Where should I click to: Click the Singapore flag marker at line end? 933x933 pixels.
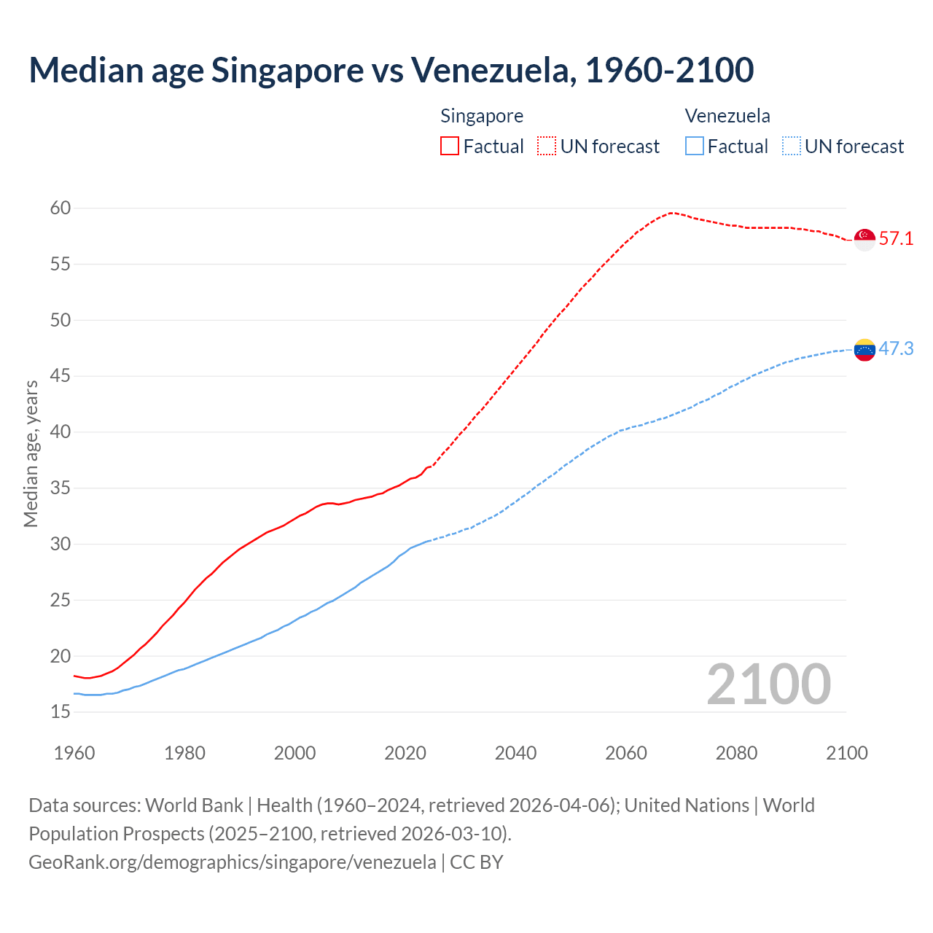(x=864, y=239)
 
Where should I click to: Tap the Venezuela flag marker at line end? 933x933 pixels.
(x=864, y=350)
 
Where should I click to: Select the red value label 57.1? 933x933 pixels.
(x=896, y=239)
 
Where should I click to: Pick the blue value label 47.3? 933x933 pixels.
(x=896, y=349)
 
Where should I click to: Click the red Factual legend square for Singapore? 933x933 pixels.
(x=450, y=146)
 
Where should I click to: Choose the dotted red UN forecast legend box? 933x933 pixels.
(x=547, y=146)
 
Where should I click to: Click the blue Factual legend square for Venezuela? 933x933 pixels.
(x=695, y=146)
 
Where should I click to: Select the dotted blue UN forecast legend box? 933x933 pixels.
(x=792, y=146)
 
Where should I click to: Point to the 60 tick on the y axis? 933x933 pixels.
(x=60, y=208)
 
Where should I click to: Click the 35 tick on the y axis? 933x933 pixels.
(x=60, y=488)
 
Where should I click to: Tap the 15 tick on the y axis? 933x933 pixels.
(x=60, y=711)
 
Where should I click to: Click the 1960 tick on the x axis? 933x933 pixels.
(x=74, y=753)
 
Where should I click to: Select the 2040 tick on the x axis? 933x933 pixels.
(x=515, y=753)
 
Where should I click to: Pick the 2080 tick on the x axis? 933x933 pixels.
(x=736, y=753)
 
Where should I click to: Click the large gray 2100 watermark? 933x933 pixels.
(x=769, y=684)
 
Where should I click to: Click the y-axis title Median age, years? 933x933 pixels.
(x=31, y=453)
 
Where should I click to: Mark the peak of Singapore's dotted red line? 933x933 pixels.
(x=671, y=213)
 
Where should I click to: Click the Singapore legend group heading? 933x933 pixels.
(x=482, y=116)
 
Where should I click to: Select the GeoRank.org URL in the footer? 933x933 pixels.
(x=232, y=862)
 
